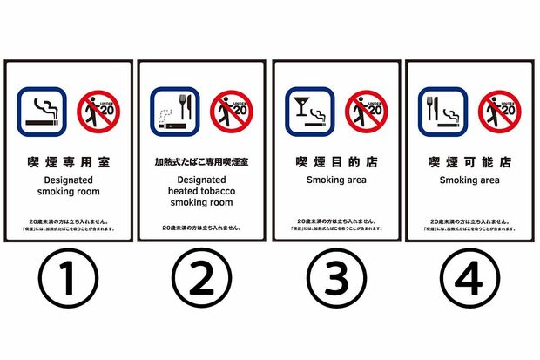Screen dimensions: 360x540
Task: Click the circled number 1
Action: click(67, 281)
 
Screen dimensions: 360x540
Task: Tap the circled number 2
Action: click(201, 281)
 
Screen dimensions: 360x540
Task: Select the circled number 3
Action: click(336, 281)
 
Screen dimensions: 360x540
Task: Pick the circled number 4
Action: click(470, 281)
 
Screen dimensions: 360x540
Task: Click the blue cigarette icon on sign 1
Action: click(41, 112)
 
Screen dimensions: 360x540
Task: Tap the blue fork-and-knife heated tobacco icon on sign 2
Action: click(174, 112)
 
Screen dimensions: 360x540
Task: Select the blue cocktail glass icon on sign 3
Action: click(309, 112)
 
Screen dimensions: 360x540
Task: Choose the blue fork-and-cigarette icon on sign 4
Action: click(443, 112)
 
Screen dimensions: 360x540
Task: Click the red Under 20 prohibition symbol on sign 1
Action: click(98, 112)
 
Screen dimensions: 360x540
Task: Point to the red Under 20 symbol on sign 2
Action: click(231, 112)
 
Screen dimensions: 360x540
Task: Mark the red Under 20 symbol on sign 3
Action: click(366, 112)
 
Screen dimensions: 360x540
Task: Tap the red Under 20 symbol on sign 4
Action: click(499, 112)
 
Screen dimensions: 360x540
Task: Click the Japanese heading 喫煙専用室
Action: click(68, 162)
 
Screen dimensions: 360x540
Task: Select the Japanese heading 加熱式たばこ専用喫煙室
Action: click(202, 162)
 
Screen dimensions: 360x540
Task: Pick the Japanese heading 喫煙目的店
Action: click(336, 162)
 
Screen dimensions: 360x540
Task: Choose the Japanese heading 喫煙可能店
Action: click(470, 162)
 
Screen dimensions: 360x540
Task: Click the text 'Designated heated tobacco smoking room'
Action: click(202, 190)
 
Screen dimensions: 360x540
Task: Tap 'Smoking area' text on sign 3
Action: click(336, 180)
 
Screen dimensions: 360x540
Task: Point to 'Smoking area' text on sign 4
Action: click(470, 180)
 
